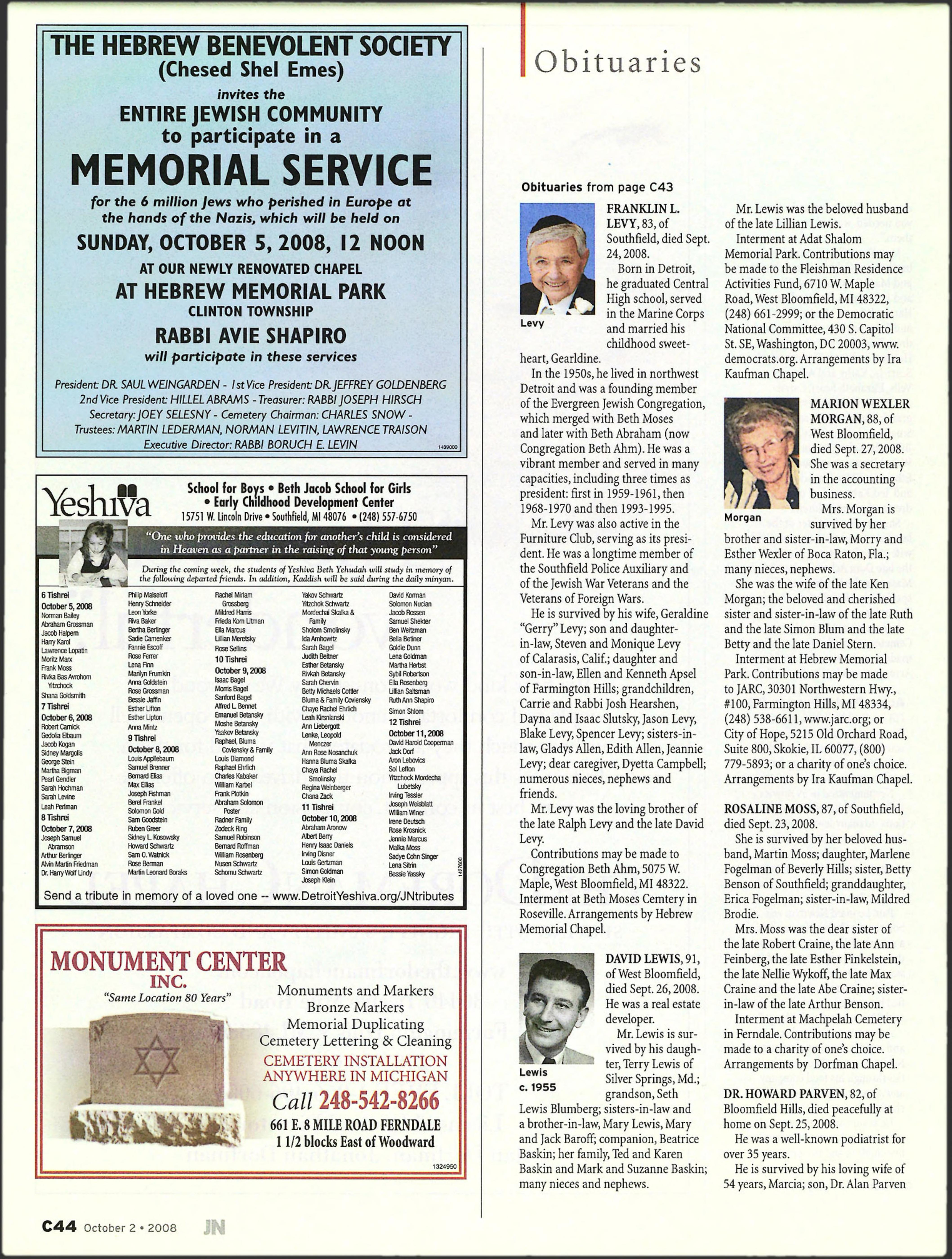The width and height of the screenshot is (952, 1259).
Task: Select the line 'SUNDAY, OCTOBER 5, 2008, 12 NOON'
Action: [x=250, y=243]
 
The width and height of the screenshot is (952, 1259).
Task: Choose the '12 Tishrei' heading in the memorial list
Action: [x=404, y=722]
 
